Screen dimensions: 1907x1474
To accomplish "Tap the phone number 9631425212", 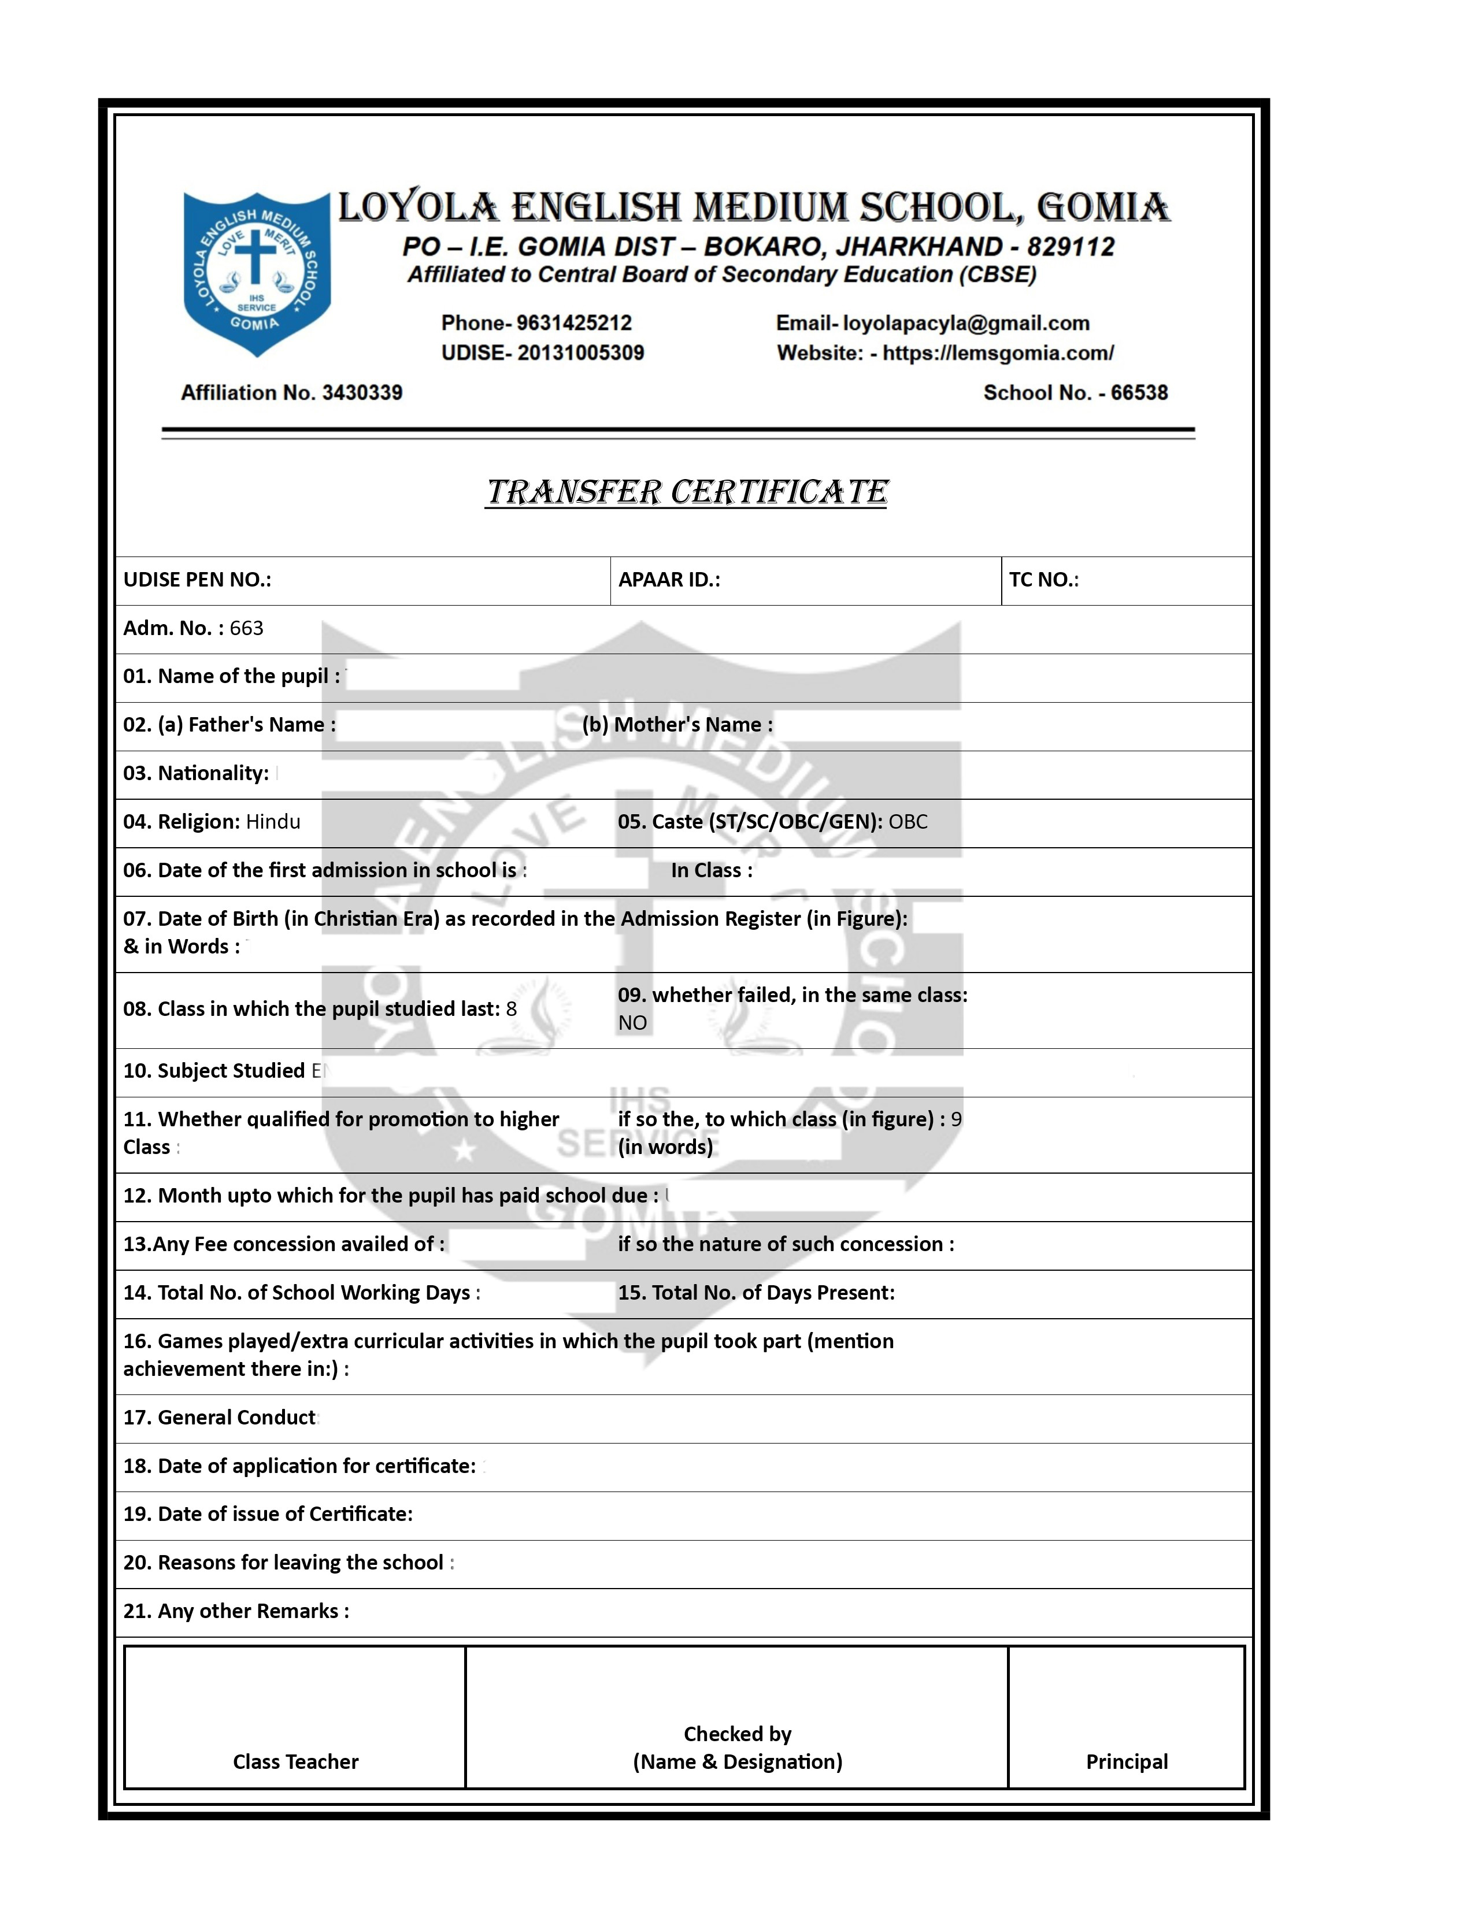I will point(574,323).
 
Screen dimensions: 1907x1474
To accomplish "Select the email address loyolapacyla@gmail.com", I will point(966,323).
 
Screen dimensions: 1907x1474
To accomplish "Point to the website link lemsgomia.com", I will point(997,353).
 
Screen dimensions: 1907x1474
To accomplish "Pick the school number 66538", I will point(1139,393).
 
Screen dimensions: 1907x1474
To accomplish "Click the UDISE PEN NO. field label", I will point(197,580).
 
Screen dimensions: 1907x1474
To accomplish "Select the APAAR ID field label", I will point(669,580).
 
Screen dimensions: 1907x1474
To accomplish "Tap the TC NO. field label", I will point(1043,580).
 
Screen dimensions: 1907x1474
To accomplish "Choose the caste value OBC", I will point(908,822).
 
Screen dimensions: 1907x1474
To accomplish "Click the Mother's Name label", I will point(677,725).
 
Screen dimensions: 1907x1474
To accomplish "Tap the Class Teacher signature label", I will point(295,1761).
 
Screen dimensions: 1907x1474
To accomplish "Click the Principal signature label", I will point(1127,1761).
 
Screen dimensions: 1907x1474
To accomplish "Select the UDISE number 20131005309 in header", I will point(580,353).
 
